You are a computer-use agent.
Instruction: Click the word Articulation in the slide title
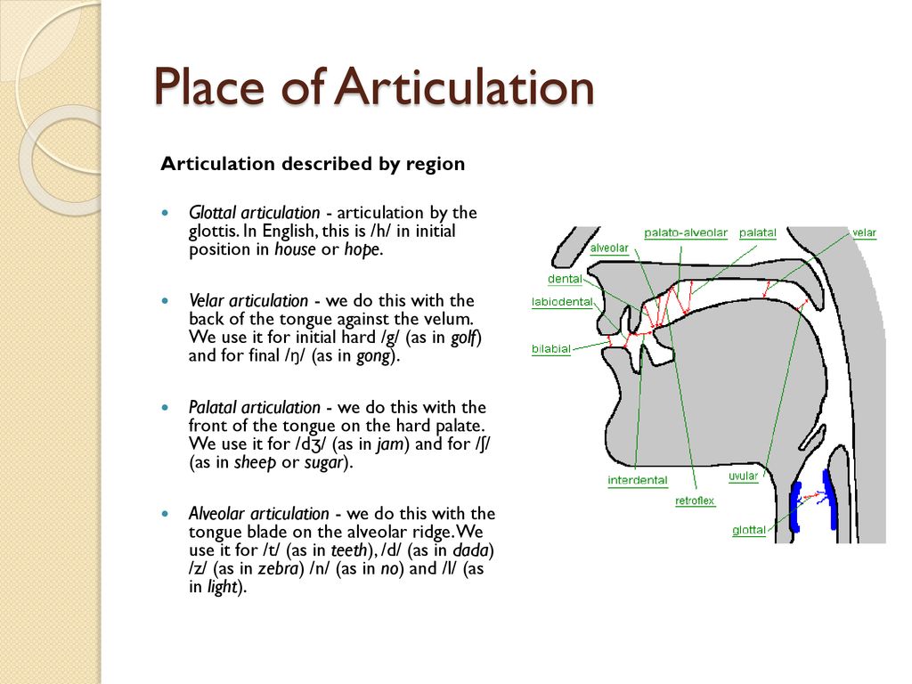click(x=464, y=86)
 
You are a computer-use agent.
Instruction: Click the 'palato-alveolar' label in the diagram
click(x=686, y=232)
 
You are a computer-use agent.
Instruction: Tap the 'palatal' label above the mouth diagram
click(x=757, y=232)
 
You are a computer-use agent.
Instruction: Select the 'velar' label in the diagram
click(x=864, y=232)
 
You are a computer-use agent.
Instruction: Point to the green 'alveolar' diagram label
click(x=609, y=248)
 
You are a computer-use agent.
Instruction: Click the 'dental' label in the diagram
click(x=565, y=279)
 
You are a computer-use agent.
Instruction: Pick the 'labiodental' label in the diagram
click(x=562, y=302)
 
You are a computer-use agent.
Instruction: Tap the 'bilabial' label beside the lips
click(x=550, y=349)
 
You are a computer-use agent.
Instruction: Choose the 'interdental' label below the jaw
click(x=638, y=480)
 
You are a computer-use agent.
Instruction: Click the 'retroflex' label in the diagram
click(x=695, y=501)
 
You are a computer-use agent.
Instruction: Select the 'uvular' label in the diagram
click(x=744, y=476)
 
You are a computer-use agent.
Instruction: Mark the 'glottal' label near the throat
click(x=749, y=530)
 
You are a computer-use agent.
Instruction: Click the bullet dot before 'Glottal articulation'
click(x=166, y=213)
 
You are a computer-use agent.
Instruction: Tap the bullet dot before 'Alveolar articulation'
click(x=166, y=514)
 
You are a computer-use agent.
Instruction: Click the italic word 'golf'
click(x=463, y=338)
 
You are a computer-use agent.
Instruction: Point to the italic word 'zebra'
click(x=278, y=568)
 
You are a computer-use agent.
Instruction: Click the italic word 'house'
click(x=295, y=249)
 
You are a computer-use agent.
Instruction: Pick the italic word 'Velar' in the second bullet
click(x=207, y=301)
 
